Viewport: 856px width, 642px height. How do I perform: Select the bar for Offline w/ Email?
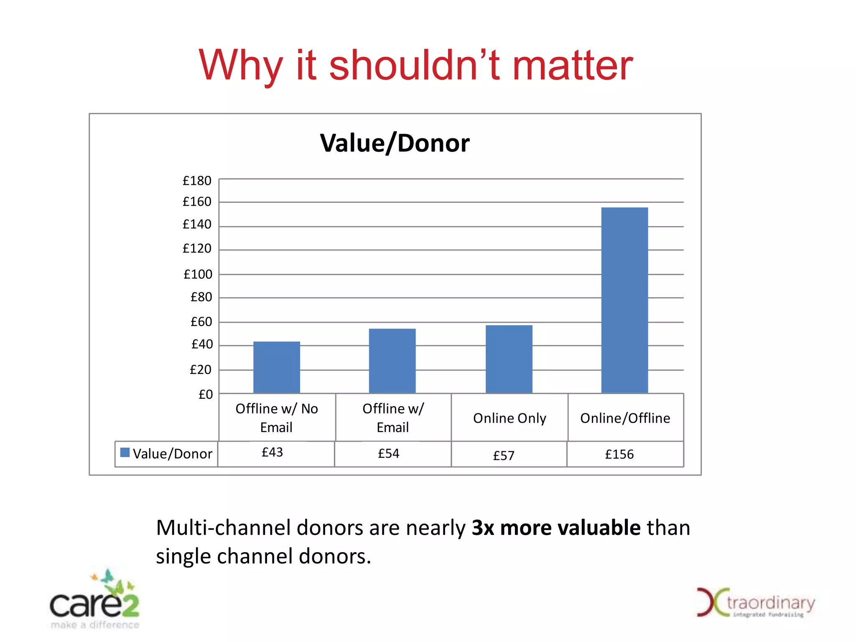392,361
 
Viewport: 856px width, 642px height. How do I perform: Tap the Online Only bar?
509,359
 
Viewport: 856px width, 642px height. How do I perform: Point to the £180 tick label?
197,181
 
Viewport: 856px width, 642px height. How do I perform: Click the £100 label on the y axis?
198,275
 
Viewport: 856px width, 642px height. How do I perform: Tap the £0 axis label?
205,395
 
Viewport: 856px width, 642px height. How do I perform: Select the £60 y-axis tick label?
201,322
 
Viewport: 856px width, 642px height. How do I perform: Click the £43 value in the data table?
272,452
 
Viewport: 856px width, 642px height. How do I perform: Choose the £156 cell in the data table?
619,454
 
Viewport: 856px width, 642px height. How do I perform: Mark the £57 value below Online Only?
504,456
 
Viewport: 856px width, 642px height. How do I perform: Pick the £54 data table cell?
388,453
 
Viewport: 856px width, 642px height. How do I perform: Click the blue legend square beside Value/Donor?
125,452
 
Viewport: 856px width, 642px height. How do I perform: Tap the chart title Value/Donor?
395,143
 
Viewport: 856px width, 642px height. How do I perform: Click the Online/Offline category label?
625,418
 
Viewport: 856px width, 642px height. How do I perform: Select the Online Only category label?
510,418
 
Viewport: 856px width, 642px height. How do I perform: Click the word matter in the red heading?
572,66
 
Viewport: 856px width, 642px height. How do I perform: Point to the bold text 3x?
483,527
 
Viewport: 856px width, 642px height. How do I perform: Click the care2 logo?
95,601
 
